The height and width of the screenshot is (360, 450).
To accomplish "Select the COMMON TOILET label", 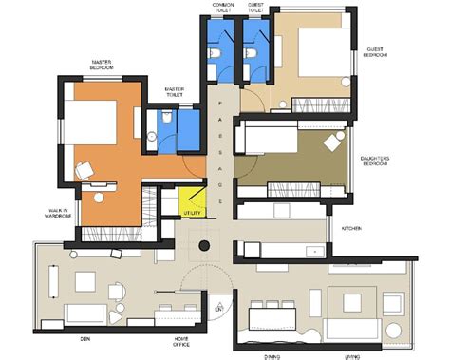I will click(222, 7).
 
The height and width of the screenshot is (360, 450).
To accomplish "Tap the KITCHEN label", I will click(350, 229).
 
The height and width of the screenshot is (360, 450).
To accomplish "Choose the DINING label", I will click(272, 356).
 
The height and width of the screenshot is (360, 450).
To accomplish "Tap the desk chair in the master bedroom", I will click(83, 171).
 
